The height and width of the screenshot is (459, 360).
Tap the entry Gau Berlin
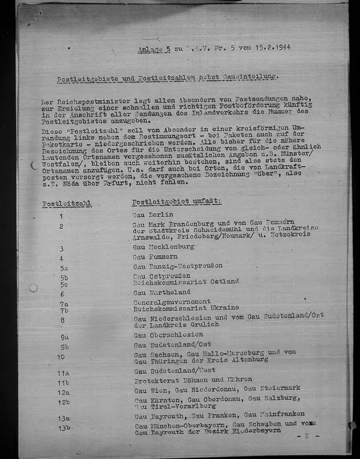(149, 215)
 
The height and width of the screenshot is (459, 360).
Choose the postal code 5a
(64, 267)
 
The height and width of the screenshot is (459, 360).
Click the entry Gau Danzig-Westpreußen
(177, 266)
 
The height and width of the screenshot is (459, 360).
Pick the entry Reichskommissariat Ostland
(186, 282)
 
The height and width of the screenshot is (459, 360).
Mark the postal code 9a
(64, 337)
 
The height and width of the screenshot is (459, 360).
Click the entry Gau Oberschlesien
(168, 335)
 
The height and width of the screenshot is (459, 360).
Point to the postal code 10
(61, 356)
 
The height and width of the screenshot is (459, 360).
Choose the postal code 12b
(64, 402)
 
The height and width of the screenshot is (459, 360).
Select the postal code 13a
(63, 418)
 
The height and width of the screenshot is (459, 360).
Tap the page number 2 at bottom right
(307, 436)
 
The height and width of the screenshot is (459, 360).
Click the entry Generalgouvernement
(172, 301)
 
